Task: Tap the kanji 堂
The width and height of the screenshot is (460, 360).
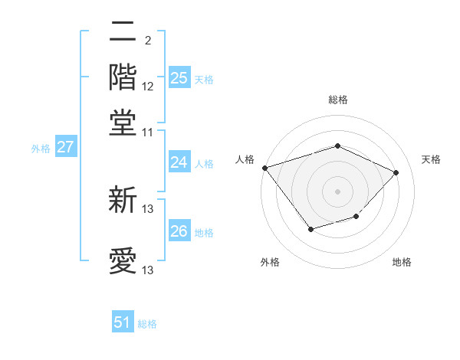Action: (123, 121)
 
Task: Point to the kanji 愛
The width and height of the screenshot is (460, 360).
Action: (123, 260)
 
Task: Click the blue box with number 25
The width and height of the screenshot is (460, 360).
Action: (179, 77)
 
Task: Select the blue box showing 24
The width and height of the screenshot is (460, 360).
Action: (179, 162)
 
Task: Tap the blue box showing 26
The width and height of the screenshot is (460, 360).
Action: (179, 231)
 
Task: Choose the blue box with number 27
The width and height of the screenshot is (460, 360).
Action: (65, 147)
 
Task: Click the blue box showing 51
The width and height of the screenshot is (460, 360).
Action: (123, 322)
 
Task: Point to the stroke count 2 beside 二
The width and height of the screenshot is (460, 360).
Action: (147, 40)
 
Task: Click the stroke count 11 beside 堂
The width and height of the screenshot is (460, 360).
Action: (148, 132)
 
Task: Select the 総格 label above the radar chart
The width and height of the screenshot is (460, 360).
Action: (338, 100)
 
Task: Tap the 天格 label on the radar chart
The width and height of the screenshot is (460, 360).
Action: (431, 159)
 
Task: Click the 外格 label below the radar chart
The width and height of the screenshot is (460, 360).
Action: (269, 262)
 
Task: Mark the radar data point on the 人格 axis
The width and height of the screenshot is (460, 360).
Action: (264, 168)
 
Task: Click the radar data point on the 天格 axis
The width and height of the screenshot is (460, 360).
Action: (396, 172)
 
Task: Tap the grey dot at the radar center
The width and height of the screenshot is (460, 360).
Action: (337, 191)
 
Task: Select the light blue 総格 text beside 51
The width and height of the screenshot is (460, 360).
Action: (147, 324)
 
